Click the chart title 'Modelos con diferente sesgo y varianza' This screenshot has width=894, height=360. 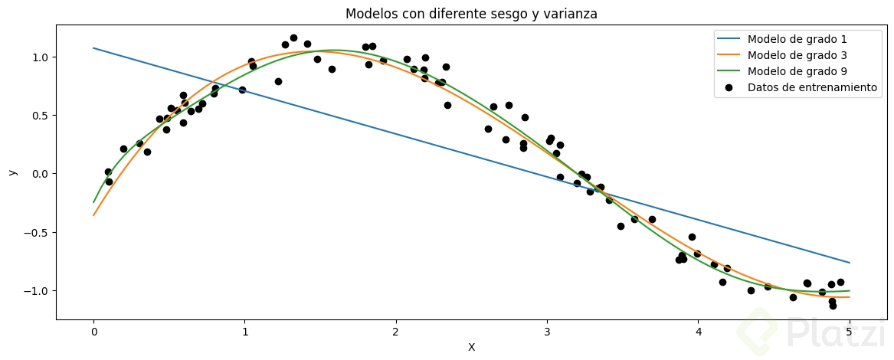(471, 14)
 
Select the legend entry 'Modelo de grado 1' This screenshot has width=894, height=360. (797, 39)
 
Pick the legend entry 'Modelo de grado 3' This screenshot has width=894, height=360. (797, 55)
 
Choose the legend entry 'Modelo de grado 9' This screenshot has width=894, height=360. (797, 71)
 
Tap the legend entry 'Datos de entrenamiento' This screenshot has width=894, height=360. (811, 87)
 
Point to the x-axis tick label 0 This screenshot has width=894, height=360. (93, 332)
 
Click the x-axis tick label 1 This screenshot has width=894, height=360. (245, 332)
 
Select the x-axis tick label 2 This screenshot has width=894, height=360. (396, 332)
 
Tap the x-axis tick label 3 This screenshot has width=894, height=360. (547, 332)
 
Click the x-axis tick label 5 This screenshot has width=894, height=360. (850, 332)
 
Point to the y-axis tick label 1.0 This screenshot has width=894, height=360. (40, 57)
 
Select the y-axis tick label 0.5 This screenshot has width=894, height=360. (40, 116)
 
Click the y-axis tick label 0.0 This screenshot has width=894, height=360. (40, 174)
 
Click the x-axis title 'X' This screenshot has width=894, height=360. (471, 347)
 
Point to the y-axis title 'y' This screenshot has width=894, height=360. (11, 172)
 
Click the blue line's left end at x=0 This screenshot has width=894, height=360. (93, 48)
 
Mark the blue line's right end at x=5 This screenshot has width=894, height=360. (850, 263)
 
